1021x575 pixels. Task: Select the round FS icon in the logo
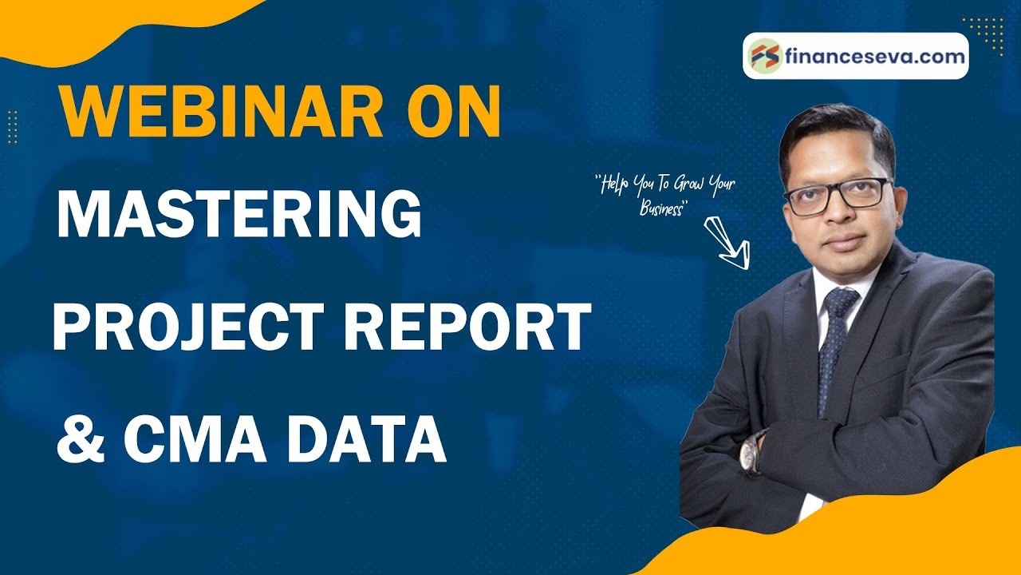coord(764,57)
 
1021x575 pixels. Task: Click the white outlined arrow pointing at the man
coord(727,241)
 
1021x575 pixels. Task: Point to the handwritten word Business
coord(663,209)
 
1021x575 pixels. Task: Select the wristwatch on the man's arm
coord(751,452)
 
